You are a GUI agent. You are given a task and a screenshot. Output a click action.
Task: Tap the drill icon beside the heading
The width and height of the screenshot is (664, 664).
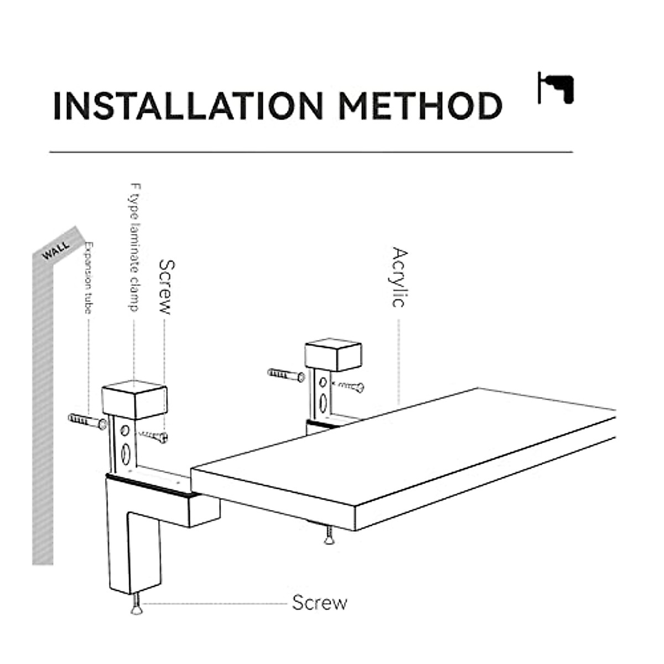(x=556, y=87)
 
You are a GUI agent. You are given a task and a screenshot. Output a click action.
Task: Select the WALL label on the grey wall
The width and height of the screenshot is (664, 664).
(x=56, y=250)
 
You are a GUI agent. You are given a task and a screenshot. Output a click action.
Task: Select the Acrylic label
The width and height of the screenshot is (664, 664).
(x=400, y=277)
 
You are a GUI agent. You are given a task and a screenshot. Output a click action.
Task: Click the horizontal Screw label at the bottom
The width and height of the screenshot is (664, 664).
(x=319, y=602)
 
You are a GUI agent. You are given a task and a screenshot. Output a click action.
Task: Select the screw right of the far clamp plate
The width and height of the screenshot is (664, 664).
(x=350, y=386)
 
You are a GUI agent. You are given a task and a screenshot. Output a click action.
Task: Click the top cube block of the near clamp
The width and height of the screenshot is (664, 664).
(x=134, y=400)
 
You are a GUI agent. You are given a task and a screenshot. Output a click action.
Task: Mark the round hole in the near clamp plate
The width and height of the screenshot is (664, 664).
(x=125, y=430)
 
